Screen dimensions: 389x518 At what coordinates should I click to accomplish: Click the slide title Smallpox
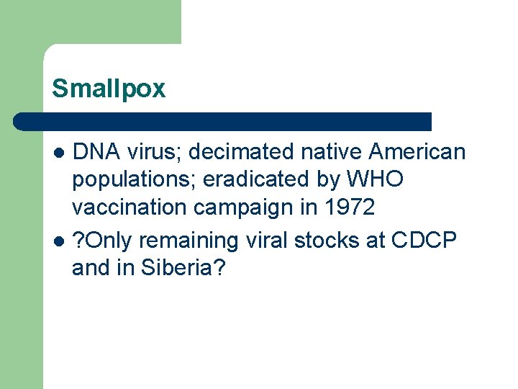(x=109, y=89)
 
